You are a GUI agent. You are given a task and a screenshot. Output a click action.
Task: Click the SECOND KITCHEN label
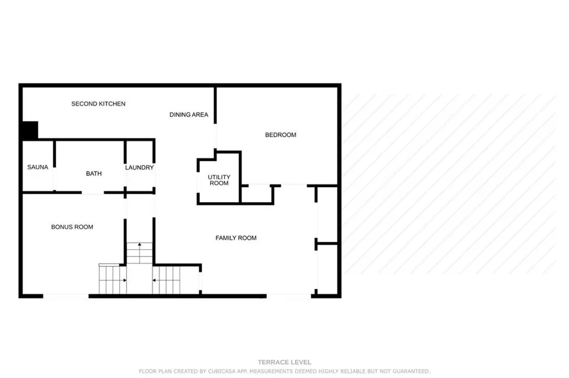click(x=98, y=104)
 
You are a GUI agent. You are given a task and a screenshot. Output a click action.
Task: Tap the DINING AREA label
click(x=189, y=115)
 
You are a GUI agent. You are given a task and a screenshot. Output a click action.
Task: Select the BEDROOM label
click(x=281, y=135)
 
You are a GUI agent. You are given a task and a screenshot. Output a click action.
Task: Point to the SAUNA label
click(x=38, y=167)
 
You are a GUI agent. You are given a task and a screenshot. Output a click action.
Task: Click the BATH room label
click(x=94, y=174)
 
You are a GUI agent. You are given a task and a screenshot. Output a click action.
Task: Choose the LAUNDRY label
click(x=139, y=168)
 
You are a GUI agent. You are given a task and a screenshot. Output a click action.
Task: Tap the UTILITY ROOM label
click(x=219, y=180)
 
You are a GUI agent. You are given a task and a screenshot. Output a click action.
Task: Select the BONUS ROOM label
click(x=72, y=227)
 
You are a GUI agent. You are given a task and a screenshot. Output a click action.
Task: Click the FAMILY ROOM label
click(x=236, y=238)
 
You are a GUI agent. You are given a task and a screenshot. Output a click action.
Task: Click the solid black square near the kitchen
click(x=29, y=131)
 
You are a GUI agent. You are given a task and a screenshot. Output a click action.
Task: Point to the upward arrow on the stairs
click(x=139, y=245)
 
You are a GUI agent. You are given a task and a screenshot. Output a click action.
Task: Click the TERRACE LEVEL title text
click(x=284, y=362)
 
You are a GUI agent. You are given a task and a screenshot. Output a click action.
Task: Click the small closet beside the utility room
click(x=257, y=194)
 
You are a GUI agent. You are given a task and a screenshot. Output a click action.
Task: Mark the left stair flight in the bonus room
click(x=113, y=280)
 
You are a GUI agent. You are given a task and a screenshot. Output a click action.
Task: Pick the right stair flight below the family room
click(x=167, y=280)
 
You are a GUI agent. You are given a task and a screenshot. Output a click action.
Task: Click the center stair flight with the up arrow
click(x=139, y=253)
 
